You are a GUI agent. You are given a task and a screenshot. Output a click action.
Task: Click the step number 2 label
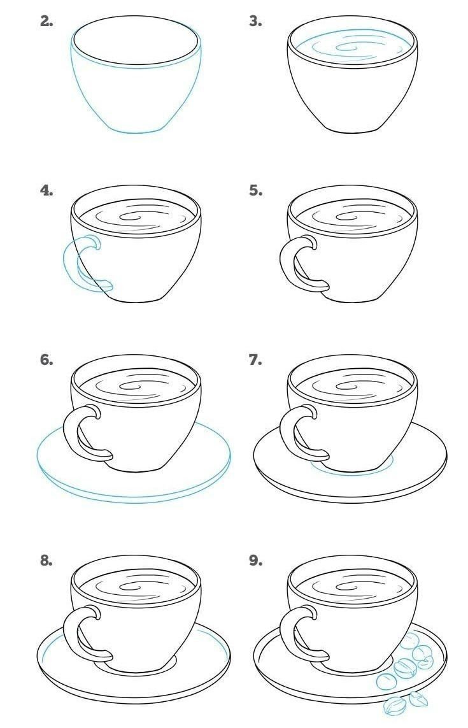click(46, 22)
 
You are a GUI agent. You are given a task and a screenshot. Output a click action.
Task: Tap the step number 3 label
click(256, 22)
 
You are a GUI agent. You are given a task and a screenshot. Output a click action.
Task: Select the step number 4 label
click(46, 190)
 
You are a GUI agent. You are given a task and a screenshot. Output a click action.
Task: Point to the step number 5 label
click(256, 190)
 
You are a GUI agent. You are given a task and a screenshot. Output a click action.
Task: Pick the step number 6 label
click(46, 360)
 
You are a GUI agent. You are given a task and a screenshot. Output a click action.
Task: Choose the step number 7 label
click(256, 360)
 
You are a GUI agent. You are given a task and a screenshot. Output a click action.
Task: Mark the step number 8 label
click(46, 560)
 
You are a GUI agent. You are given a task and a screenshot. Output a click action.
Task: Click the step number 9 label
click(256, 560)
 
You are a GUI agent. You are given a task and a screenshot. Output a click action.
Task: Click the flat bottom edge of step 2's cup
click(138, 131)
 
